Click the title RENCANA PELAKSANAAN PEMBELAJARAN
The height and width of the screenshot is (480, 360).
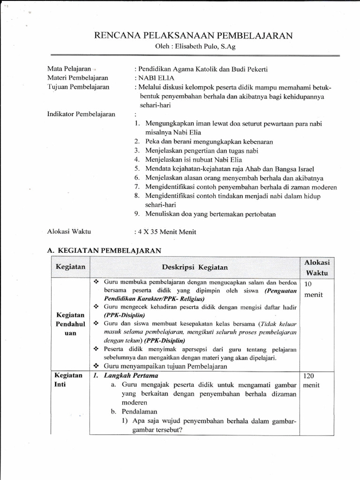(193, 36)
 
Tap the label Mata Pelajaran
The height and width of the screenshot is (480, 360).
(69, 68)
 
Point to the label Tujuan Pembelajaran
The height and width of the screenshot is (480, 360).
(78, 87)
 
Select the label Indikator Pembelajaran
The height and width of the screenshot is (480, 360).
(81, 114)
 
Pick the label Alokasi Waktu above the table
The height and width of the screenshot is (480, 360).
(69, 231)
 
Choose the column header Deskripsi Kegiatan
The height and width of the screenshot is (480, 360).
(195, 267)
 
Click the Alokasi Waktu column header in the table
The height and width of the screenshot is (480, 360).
(317, 267)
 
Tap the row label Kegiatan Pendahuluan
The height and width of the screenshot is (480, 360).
(70, 323)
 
